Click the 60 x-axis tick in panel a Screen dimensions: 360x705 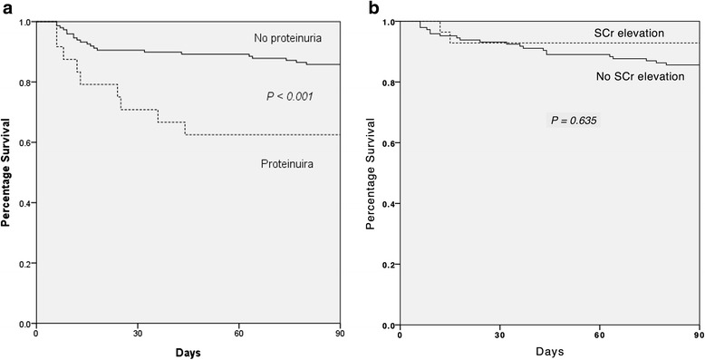[x=238, y=334]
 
